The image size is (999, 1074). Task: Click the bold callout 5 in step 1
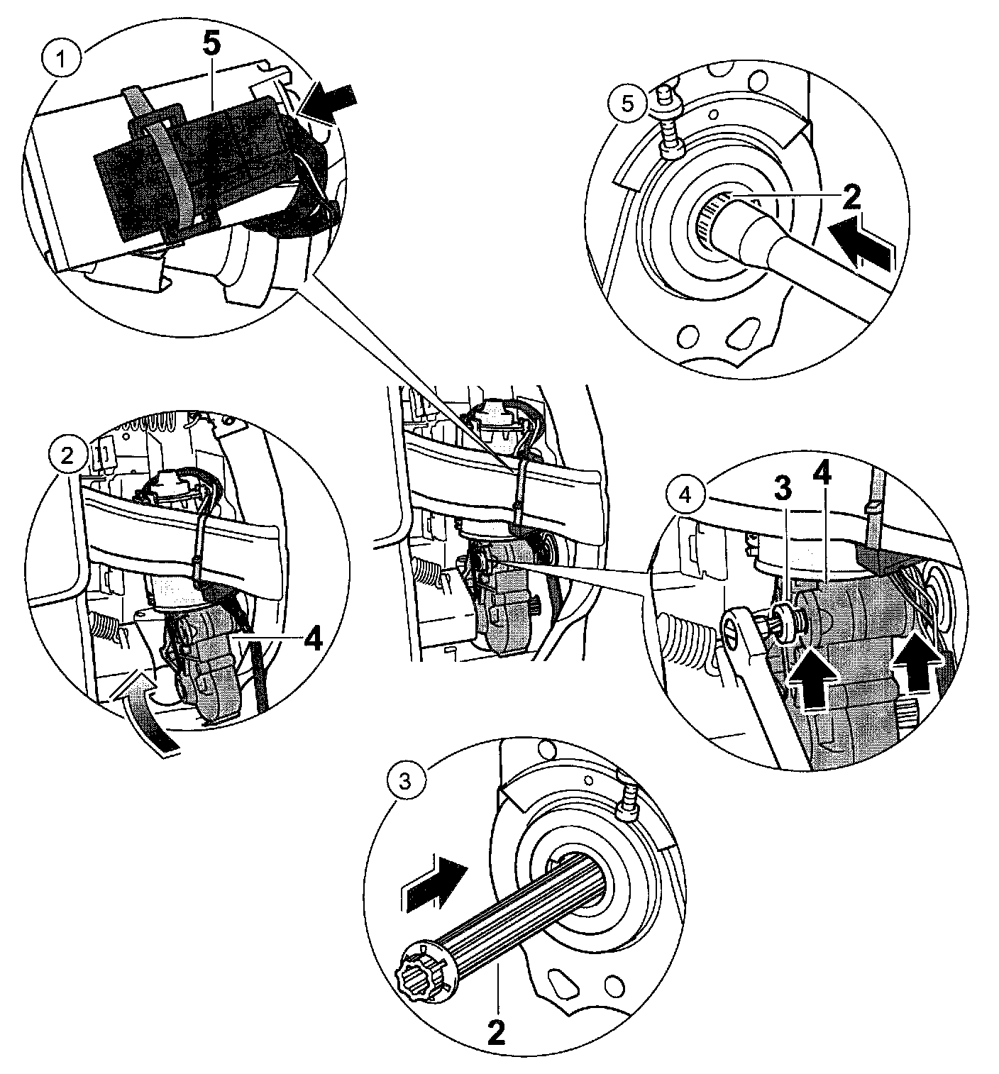click(x=211, y=47)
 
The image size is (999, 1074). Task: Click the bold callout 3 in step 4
click(x=780, y=489)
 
